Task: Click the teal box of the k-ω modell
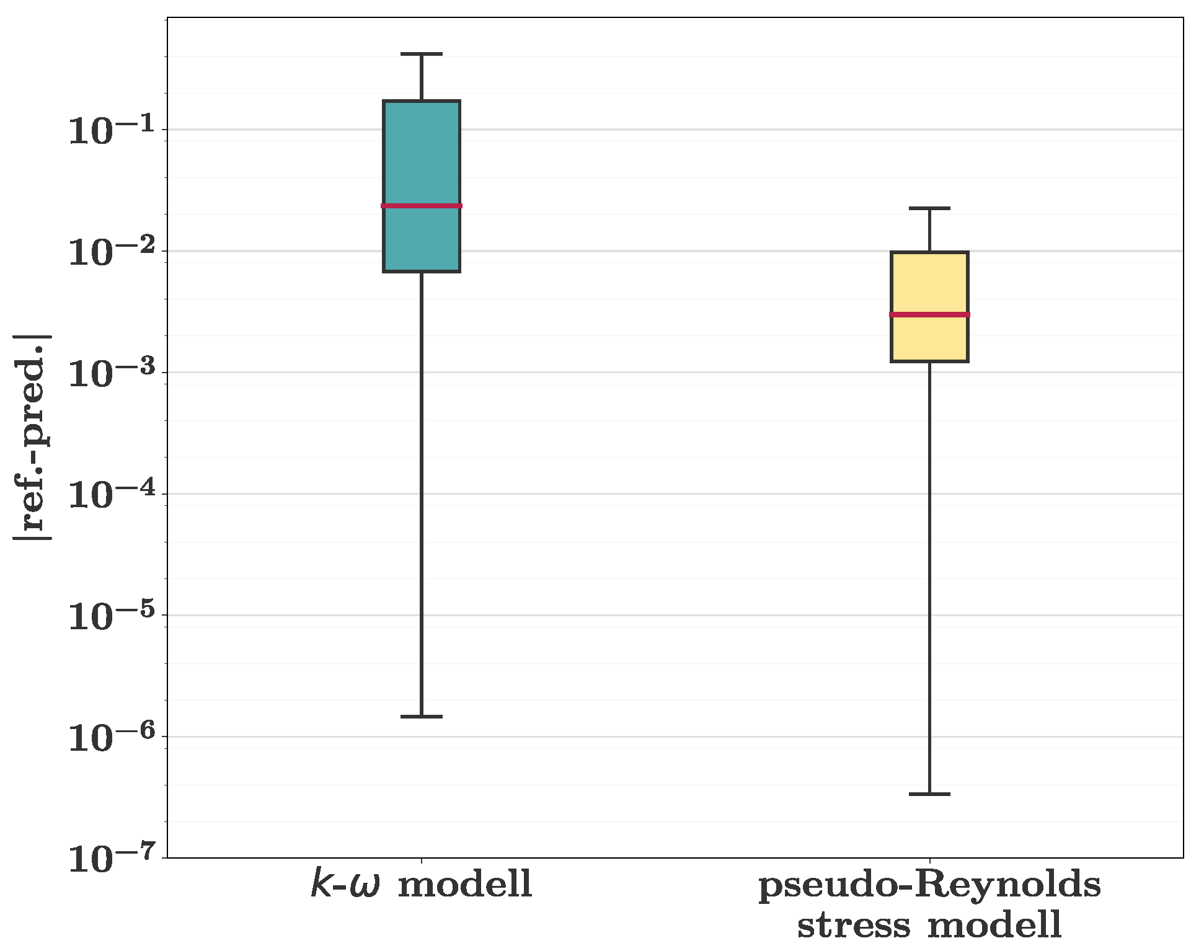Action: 422,155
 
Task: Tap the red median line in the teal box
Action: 422,206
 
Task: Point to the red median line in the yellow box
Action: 929,315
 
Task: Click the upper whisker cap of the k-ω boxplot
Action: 422,55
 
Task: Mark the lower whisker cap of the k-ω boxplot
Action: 422,717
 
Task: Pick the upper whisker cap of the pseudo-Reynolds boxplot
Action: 929,209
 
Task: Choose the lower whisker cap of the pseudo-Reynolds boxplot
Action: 929,794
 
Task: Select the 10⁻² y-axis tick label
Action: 111,250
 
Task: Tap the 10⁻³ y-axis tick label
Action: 111,372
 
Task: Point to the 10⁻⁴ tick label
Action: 111,493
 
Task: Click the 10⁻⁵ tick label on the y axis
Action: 111,615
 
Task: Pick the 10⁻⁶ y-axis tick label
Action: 111,736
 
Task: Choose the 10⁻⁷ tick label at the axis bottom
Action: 111,858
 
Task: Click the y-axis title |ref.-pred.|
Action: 32,437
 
